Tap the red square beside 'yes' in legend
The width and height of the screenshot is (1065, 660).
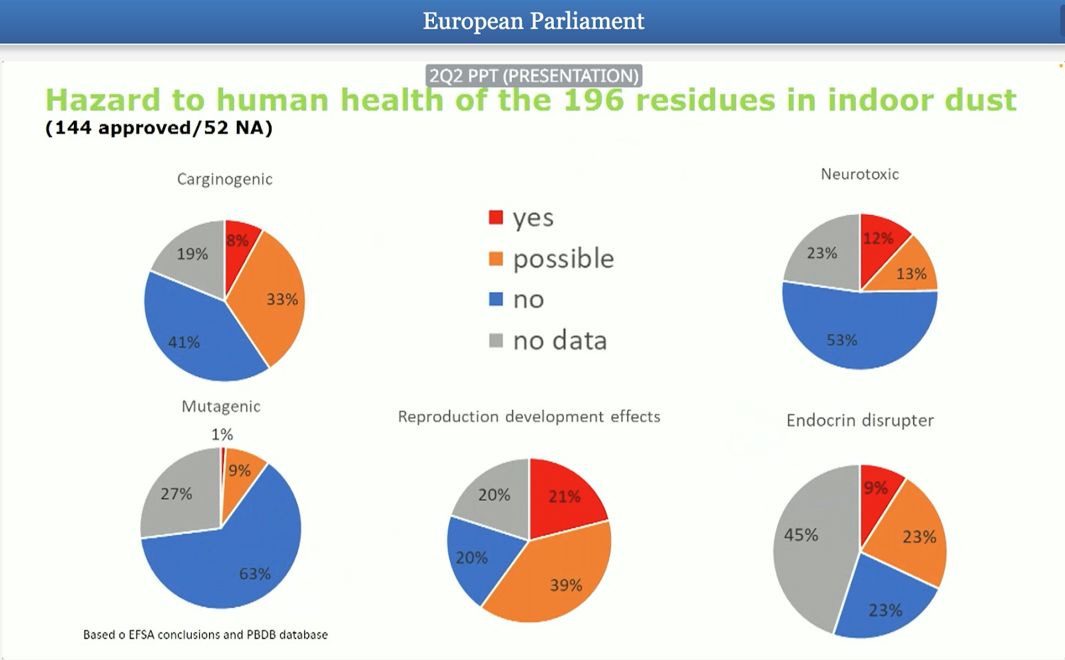(496, 218)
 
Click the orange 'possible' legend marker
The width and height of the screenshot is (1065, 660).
(496, 259)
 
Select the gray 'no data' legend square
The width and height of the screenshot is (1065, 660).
(496, 340)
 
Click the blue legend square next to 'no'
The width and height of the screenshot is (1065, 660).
(496, 299)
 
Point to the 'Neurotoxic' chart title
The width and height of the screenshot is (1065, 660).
(859, 174)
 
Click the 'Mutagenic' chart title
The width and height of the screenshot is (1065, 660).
(221, 407)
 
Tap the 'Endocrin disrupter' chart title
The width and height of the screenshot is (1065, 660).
(860, 420)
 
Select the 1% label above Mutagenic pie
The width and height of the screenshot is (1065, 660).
(222, 434)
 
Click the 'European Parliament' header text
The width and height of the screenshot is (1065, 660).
(533, 21)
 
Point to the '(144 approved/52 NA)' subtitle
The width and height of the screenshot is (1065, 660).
(159, 128)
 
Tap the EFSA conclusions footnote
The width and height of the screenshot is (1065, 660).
(206, 635)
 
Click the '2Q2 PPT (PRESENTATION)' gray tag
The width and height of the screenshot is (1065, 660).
(534, 76)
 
